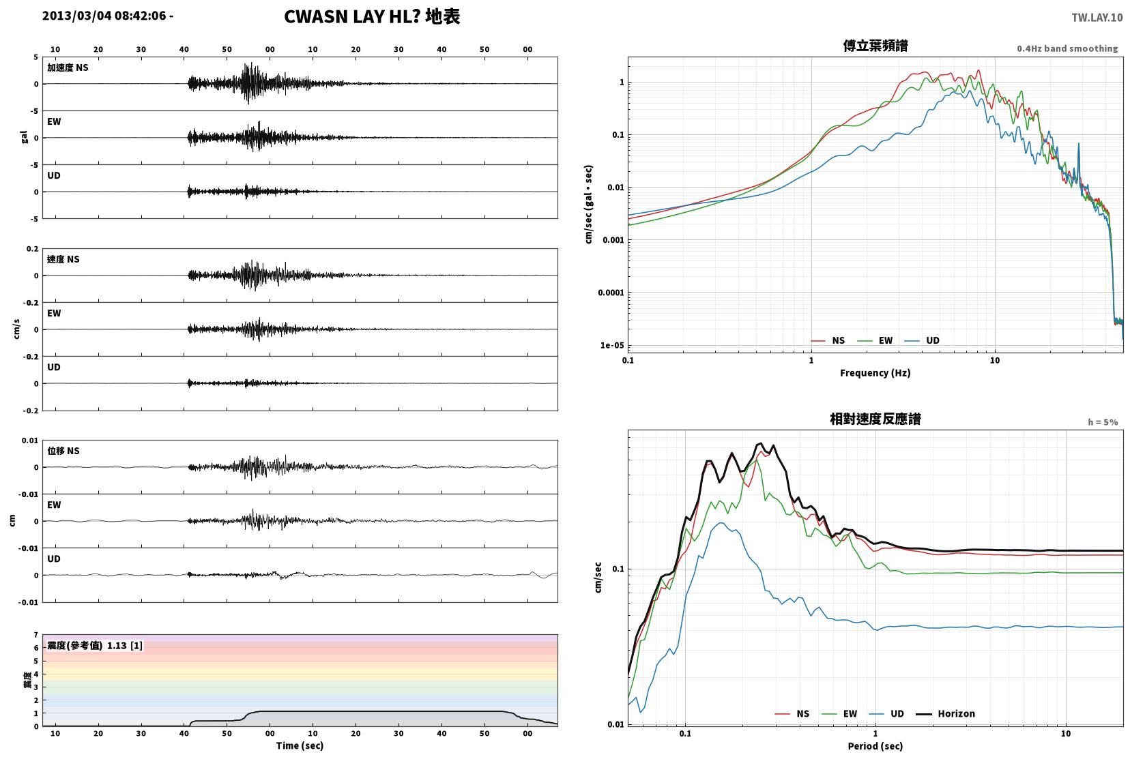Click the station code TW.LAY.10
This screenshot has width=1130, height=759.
1097,18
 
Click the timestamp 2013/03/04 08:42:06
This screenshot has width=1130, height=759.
104,16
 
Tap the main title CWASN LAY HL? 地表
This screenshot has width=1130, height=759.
373,16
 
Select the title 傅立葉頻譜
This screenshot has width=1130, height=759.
875,46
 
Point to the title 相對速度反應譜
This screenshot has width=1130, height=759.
875,419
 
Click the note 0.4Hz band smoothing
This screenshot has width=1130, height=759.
1067,49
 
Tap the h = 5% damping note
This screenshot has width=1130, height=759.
1103,422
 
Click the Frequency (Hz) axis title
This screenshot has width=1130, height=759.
875,373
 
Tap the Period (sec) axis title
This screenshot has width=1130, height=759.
875,746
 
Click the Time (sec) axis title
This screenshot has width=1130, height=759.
300,745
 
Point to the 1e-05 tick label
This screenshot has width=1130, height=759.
612,345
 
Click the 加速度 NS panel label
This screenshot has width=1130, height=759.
68,68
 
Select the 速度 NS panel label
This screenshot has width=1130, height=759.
63,259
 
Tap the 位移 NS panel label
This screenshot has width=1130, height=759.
63,451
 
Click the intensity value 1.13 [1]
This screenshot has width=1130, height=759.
125,646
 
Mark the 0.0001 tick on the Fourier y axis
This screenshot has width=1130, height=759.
611,293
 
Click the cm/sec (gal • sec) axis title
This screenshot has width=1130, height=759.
589,205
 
